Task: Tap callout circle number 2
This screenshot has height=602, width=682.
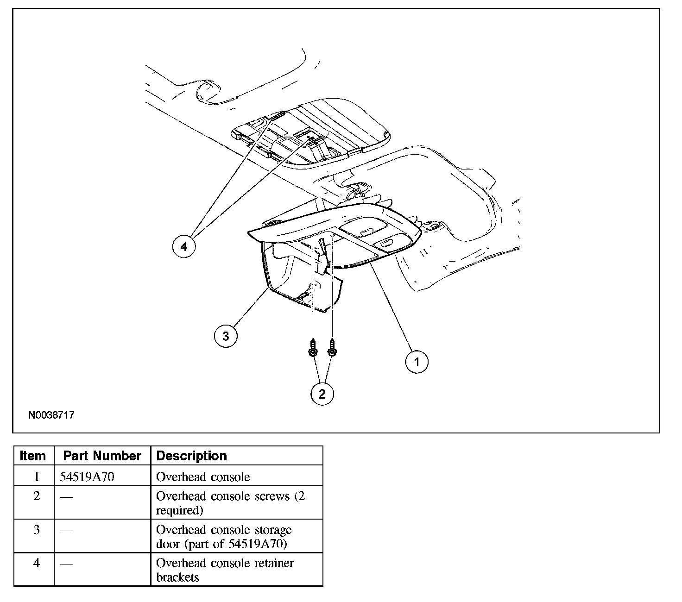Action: coord(322,394)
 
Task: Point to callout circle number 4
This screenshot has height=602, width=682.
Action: coord(184,246)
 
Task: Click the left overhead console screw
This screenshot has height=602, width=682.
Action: coord(313,347)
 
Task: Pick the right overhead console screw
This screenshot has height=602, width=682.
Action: coord(332,347)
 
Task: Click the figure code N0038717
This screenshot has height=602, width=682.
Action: coord(51,415)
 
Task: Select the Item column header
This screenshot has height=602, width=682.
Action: coord(33,456)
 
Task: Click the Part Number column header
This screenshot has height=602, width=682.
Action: coord(102,456)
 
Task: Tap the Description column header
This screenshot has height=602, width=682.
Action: coord(192,456)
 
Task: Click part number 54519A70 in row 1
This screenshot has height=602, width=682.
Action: coord(87,477)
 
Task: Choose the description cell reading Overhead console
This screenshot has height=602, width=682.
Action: coord(203,477)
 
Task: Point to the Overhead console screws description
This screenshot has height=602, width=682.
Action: coord(230,503)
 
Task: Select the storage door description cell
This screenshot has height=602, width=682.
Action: coord(224,536)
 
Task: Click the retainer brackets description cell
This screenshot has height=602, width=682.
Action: coord(225,570)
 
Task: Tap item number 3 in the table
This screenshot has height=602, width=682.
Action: coord(37,530)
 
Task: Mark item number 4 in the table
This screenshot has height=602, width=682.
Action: coord(37,563)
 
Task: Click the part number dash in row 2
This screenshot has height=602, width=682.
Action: coord(66,496)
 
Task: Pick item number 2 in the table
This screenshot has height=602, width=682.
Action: coord(37,496)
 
